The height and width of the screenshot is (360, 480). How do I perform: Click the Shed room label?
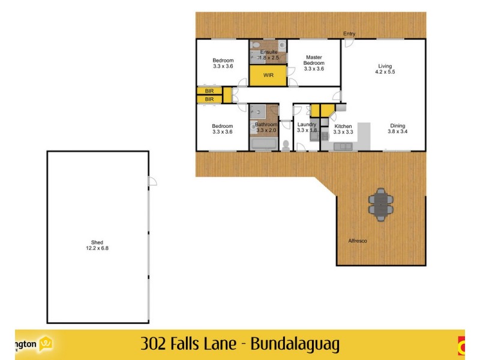point(98,242)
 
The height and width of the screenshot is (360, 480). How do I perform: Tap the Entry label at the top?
point(349,33)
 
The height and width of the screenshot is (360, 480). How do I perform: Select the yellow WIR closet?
point(268,76)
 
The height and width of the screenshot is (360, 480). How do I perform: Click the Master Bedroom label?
point(314,60)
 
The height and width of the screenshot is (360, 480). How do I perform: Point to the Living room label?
point(385,66)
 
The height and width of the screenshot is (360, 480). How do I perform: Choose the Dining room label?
point(397,125)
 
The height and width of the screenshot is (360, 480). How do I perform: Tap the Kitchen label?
point(343,125)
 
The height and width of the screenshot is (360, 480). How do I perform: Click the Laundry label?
point(307,125)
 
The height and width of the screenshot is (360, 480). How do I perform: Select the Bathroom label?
point(266,125)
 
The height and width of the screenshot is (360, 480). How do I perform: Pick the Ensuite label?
point(269,52)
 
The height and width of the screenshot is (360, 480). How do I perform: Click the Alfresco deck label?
point(358,241)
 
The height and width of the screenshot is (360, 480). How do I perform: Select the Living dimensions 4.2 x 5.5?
point(385,72)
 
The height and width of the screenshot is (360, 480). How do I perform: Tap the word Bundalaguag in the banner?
point(295,344)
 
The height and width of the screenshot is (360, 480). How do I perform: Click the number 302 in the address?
point(152,344)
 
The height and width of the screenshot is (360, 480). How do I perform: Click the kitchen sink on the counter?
point(344,146)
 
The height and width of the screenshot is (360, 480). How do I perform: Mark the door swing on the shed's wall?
point(152,181)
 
